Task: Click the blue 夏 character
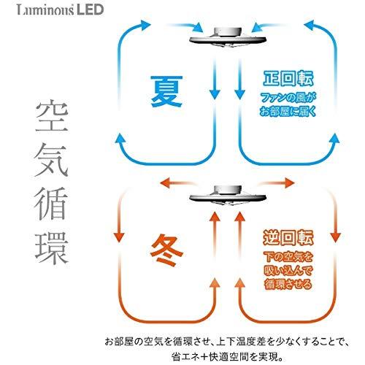[167, 91]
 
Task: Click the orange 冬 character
[167, 250]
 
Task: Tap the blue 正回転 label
[288, 79]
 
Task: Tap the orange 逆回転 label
[288, 237]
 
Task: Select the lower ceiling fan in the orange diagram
[228, 196]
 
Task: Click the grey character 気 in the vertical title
[51, 159]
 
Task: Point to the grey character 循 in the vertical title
[51, 203]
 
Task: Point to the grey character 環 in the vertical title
[51, 248]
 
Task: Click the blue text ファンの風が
[288, 98]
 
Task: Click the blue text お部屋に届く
[288, 112]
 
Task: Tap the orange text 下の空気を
[288, 257]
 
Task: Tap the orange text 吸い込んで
[288, 271]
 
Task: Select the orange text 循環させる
[288, 284]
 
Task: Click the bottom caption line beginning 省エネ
[227, 357]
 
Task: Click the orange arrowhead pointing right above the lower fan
[290, 182]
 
